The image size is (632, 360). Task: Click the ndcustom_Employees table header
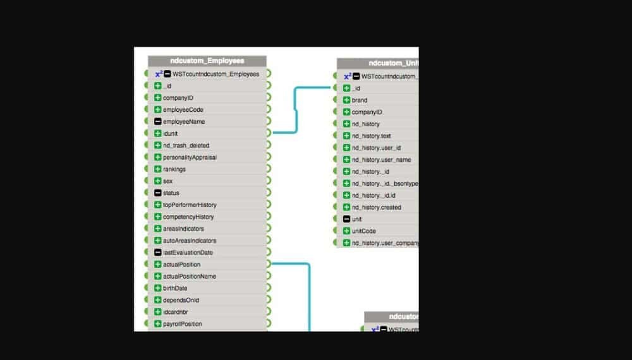point(207,61)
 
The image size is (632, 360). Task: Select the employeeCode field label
point(183,109)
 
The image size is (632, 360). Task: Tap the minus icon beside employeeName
point(158,121)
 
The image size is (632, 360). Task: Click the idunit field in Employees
point(171,133)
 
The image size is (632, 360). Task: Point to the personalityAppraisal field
point(190,157)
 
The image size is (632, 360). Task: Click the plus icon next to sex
point(158,181)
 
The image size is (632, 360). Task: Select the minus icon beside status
point(158,193)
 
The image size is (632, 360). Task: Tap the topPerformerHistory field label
point(190,205)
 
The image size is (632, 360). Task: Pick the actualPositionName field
point(190,276)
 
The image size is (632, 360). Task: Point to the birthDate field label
point(175,288)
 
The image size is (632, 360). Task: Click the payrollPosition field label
point(183,324)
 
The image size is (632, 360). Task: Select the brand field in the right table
point(360,100)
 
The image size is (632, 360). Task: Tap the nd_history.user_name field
point(381,160)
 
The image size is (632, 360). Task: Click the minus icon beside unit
point(346,219)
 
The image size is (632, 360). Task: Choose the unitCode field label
point(364,231)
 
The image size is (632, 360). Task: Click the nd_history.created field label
point(376,207)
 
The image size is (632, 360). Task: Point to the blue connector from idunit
point(295,111)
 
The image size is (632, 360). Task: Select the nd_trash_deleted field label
point(186,145)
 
